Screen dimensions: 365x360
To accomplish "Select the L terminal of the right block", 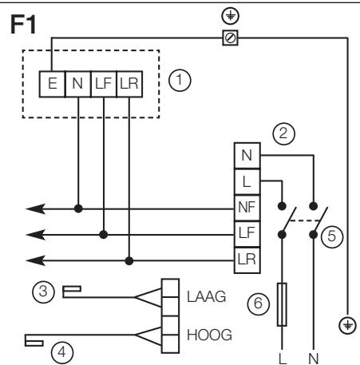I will pos(245,181).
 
